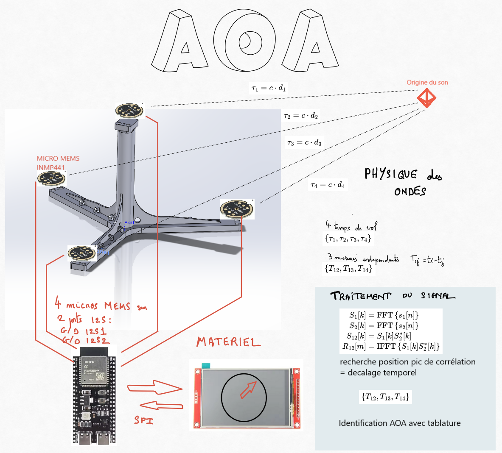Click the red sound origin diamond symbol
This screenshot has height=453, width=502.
tap(426, 98)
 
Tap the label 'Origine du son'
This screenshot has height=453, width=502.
tap(427, 82)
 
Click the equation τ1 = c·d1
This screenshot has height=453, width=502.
tap(269, 88)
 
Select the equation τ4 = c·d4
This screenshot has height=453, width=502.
tap(328, 185)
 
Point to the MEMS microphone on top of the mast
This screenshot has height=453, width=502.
tap(129, 111)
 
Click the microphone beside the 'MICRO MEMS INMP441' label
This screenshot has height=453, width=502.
tap(51, 179)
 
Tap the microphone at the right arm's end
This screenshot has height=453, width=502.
tap(236, 208)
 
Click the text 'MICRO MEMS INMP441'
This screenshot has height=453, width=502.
tap(58, 163)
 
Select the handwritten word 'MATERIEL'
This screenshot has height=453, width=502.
tap(228, 342)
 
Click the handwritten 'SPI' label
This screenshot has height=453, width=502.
tap(143, 420)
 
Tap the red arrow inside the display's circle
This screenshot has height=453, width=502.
tap(249, 389)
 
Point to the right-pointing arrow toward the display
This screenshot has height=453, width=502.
tap(154, 387)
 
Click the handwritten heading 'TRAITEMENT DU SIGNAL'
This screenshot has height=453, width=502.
tap(393, 296)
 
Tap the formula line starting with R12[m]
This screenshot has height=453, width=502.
tap(391, 347)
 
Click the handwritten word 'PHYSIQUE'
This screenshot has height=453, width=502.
tap(391, 174)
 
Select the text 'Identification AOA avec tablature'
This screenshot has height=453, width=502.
tap(399, 423)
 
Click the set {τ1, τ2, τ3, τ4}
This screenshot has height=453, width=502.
tap(348, 239)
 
